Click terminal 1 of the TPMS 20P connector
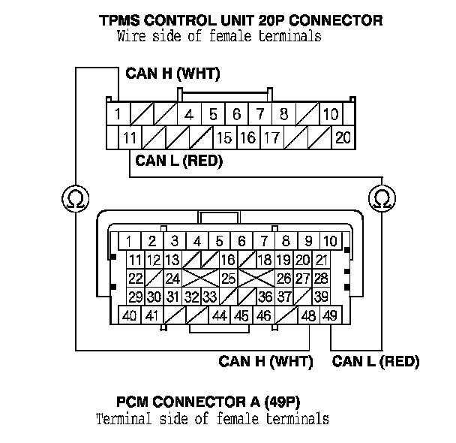coord(118,115)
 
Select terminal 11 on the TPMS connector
coord(130,138)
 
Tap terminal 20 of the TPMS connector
coord(343,138)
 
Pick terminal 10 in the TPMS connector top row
coord(330,115)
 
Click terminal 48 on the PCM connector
coord(308,316)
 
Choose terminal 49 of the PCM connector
coord(329,316)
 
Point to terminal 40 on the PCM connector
coord(129,316)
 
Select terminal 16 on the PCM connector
coord(228,261)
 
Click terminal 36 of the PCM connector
coord(265,297)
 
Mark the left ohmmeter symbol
coord(74,200)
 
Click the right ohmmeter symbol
coord(382,200)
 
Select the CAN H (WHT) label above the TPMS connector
coord(172,74)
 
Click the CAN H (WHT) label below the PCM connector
coord(265,362)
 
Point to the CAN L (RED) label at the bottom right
coord(375,362)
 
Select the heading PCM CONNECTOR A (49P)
coord(213,402)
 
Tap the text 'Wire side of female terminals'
coord(219,36)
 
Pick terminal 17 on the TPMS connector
coord(272,138)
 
